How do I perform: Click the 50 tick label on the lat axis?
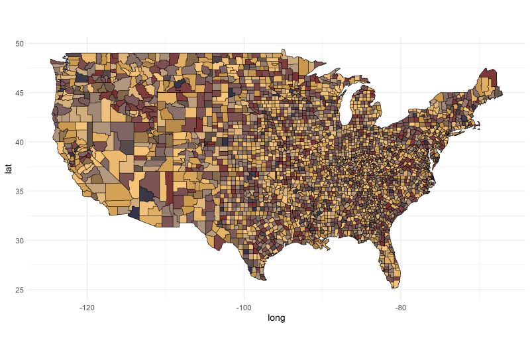pos(20,44)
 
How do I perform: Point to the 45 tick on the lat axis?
pos(20,93)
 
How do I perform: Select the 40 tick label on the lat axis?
pos(20,142)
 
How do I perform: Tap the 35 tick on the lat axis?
pos(20,192)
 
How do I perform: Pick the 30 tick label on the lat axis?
pos(20,241)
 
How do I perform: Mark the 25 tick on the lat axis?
pos(20,290)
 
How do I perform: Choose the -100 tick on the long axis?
pos(244,307)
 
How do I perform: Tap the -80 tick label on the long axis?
pos(400,307)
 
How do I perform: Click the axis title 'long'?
pos(276,319)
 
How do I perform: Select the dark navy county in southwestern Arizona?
pos(135,212)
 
